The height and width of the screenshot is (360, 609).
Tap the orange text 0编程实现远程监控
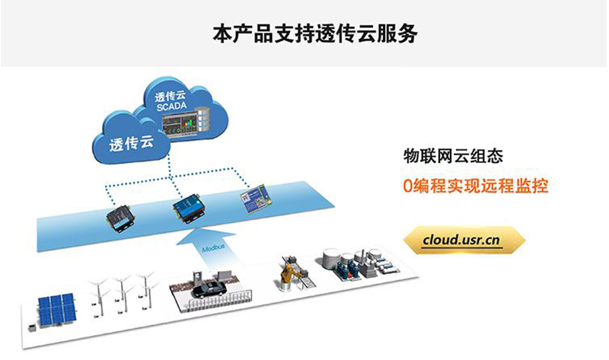[x=476, y=185]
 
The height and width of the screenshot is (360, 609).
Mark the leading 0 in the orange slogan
[x=408, y=185]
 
